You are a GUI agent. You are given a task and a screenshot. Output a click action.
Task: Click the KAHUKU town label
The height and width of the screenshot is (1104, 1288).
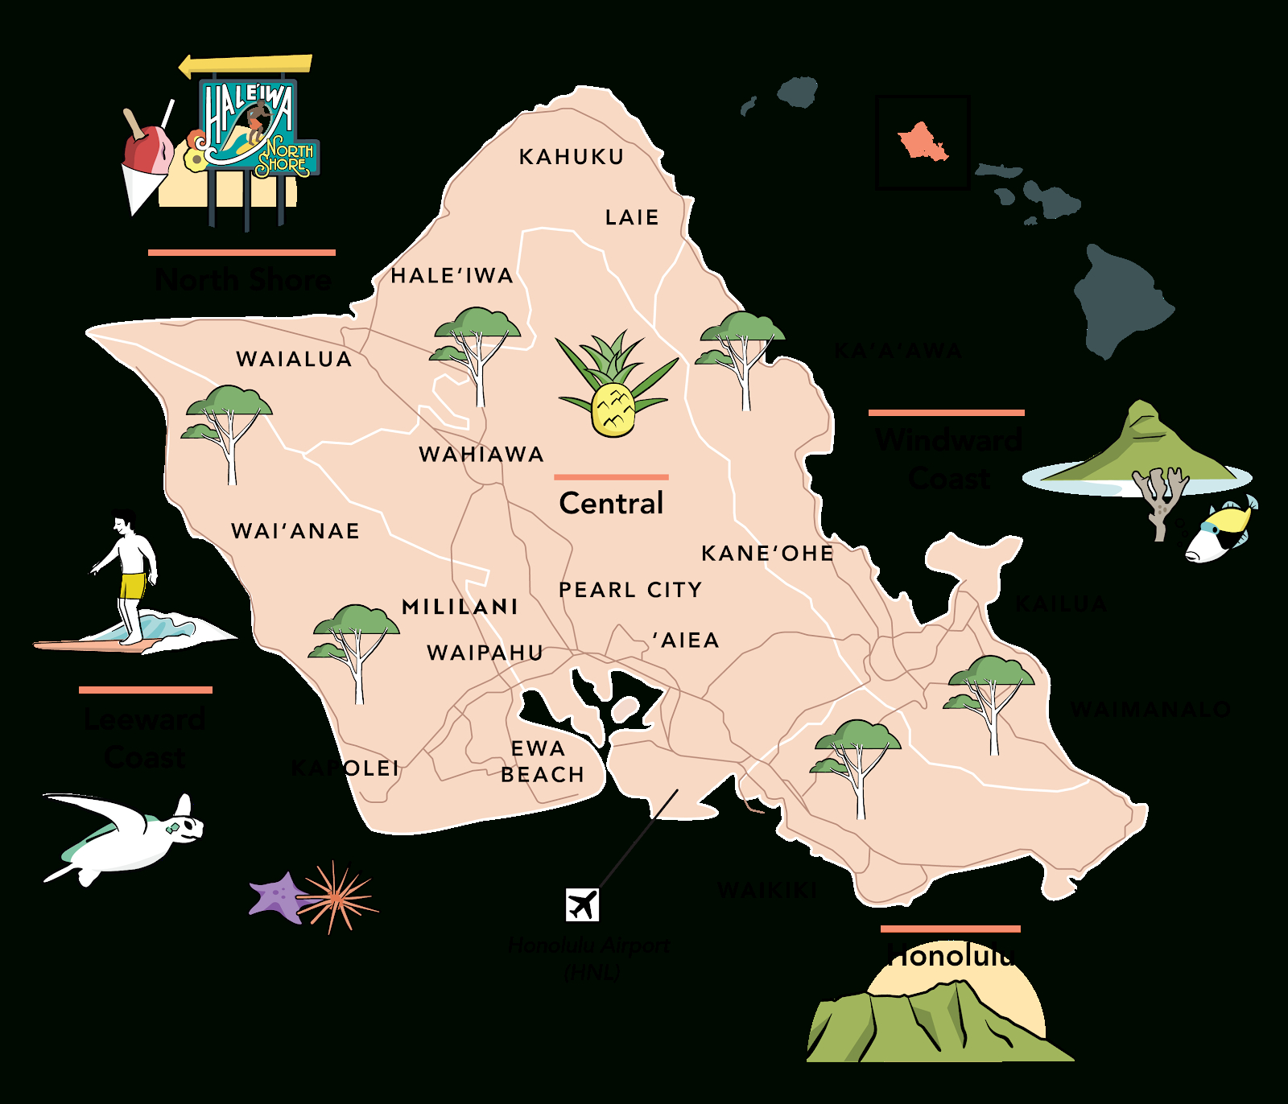(572, 157)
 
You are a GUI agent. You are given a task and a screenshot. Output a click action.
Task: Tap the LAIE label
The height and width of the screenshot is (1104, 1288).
(632, 217)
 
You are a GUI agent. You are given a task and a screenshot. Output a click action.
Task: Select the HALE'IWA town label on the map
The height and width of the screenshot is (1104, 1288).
(452, 276)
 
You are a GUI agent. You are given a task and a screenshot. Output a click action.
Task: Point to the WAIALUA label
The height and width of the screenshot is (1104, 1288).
(294, 359)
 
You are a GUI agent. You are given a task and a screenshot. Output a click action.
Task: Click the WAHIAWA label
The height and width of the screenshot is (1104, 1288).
(481, 455)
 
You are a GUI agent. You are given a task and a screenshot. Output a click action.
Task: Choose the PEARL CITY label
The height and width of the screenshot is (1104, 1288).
(630, 590)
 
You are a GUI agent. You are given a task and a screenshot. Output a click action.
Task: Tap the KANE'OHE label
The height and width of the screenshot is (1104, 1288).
(767, 554)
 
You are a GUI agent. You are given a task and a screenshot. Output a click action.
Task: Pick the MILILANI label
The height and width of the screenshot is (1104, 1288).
(460, 607)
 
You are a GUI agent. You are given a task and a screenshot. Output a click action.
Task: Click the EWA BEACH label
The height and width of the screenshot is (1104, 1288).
(541, 761)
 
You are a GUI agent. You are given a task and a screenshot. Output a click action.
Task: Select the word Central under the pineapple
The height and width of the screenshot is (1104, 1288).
(611, 504)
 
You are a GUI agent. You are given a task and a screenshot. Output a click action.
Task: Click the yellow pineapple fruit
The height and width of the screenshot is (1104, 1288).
(613, 410)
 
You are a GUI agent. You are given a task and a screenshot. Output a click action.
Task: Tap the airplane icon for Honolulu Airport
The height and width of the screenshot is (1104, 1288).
(582, 904)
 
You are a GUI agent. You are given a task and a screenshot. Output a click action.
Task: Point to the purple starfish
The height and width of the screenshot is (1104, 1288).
(278, 896)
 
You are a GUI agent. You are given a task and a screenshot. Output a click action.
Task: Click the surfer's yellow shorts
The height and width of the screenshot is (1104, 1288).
(132, 584)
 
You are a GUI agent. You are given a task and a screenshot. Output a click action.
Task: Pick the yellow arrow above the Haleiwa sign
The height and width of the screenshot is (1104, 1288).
(246, 64)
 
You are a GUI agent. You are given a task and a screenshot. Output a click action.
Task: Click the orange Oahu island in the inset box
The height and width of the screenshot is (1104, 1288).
(923, 142)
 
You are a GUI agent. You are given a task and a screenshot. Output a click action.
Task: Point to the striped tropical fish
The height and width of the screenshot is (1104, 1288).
(1219, 531)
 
